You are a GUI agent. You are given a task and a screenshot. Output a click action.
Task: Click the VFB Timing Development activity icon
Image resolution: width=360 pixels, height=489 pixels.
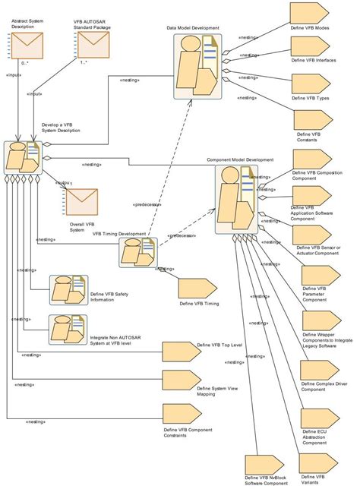pos(137,252)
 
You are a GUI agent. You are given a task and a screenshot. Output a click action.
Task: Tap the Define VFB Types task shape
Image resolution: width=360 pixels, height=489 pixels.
pos(310,85)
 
